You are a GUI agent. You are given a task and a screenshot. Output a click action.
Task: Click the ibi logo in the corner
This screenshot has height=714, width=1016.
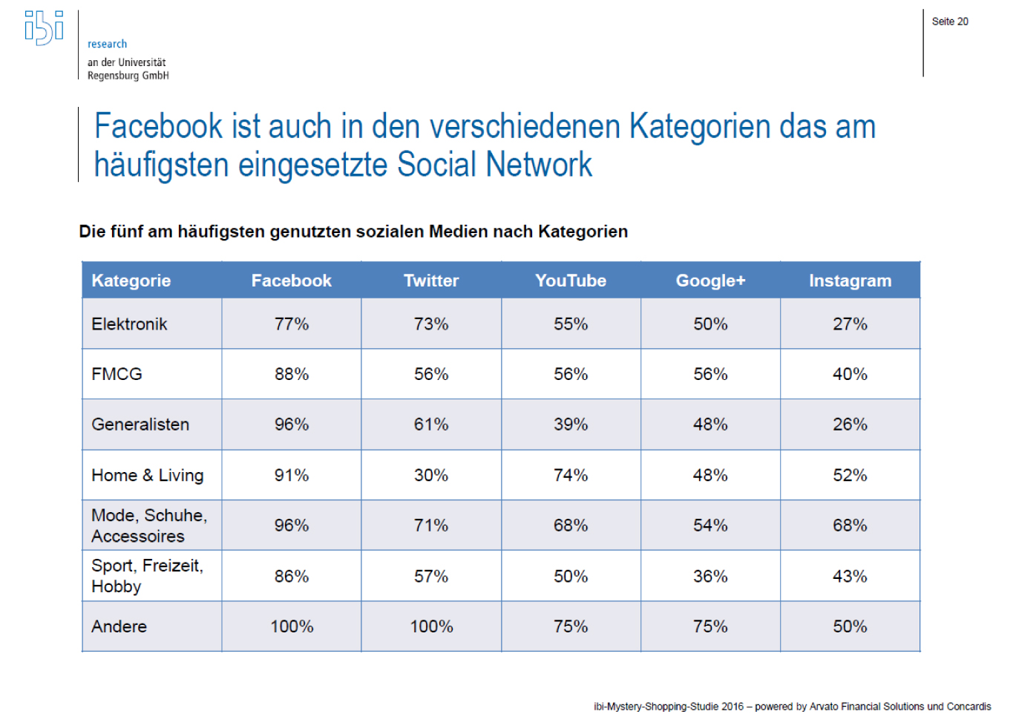pyautogui.click(x=44, y=27)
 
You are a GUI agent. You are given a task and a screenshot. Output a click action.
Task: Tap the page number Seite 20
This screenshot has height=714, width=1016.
pyautogui.click(x=950, y=22)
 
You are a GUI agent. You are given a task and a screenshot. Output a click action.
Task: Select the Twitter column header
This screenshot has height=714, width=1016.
pyautogui.click(x=431, y=281)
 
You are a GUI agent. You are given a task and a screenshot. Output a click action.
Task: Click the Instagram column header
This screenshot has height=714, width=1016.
pyautogui.click(x=850, y=281)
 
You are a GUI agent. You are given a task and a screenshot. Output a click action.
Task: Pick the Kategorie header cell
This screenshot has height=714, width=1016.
pyautogui.click(x=131, y=281)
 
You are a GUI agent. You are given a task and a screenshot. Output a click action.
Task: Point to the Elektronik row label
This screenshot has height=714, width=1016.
pyautogui.click(x=129, y=324)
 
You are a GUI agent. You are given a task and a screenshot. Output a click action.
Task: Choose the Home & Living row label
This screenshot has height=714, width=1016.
pyautogui.click(x=147, y=476)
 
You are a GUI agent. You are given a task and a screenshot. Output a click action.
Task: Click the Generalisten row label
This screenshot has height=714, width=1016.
pyautogui.click(x=140, y=425)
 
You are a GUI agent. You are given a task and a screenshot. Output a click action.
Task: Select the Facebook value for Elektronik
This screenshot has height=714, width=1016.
pyautogui.click(x=292, y=324)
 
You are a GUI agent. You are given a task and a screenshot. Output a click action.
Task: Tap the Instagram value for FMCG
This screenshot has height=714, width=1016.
pyautogui.click(x=850, y=374)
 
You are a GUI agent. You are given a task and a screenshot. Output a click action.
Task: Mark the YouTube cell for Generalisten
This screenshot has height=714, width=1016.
pyautogui.click(x=571, y=425)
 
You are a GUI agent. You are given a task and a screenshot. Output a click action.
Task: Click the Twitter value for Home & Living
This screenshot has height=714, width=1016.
pyautogui.click(x=431, y=476)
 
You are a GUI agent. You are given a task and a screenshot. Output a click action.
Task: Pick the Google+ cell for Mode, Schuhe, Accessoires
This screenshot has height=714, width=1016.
pyautogui.click(x=710, y=525)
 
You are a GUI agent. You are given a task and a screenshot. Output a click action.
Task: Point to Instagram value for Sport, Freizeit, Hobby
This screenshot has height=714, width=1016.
pyautogui.click(x=850, y=577)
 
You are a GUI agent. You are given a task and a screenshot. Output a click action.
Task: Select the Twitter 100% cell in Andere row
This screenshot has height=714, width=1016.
pyautogui.click(x=431, y=627)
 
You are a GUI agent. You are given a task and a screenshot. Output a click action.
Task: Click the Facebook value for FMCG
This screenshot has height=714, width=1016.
pyautogui.click(x=292, y=374)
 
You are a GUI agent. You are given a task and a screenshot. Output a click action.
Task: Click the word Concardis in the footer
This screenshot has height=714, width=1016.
pyautogui.click(x=969, y=707)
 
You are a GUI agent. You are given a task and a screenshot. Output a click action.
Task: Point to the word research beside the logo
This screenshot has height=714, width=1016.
pyautogui.click(x=107, y=44)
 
